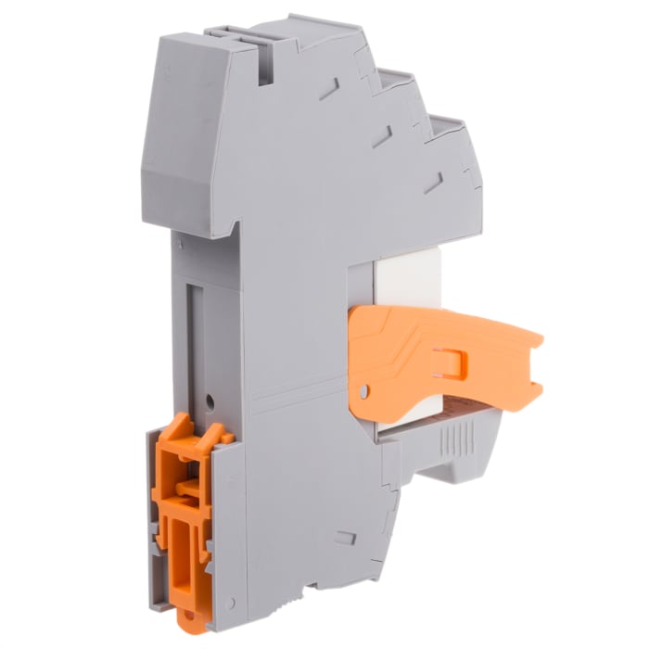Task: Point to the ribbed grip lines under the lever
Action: point(453,436)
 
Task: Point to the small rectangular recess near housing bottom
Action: point(346,538)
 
